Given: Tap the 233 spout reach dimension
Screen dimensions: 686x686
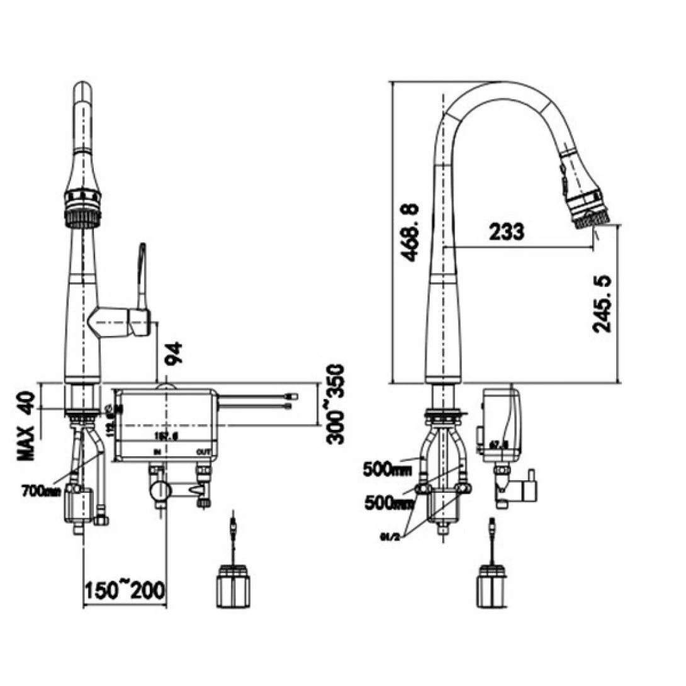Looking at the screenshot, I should click(x=506, y=232).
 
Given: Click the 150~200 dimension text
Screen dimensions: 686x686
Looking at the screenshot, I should click(x=124, y=590).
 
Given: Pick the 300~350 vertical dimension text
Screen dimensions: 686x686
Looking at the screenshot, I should click(x=337, y=403).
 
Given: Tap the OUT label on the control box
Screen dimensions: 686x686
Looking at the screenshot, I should click(x=203, y=452).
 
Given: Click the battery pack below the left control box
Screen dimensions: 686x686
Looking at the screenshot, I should click(x=233, y=588).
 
